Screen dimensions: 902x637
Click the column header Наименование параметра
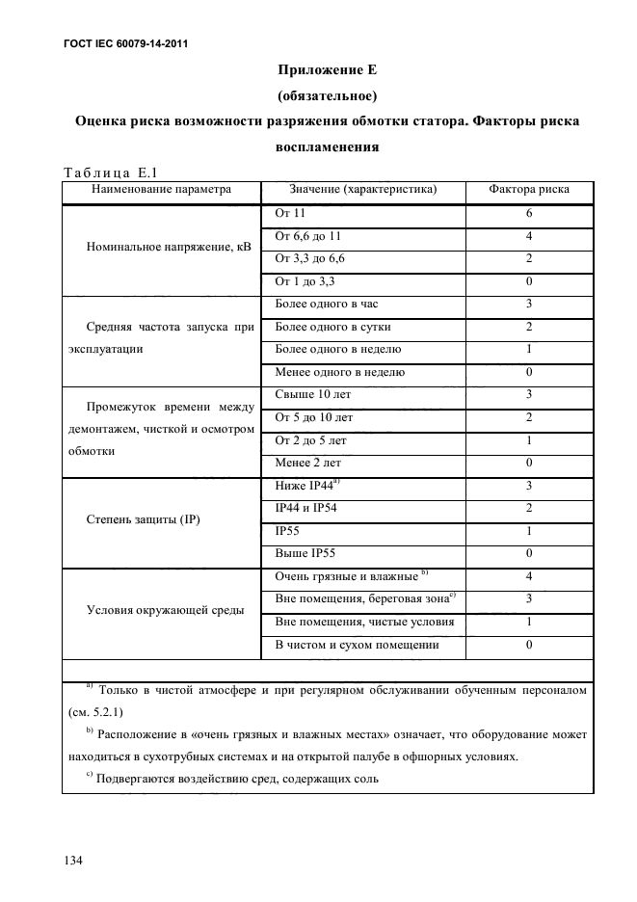pos(161,190)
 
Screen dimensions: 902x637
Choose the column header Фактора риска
pos(529,190)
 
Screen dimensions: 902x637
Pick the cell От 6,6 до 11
pos(307,236)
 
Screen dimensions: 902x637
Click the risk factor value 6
pos(529,214)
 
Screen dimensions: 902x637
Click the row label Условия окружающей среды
pos(164,609)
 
